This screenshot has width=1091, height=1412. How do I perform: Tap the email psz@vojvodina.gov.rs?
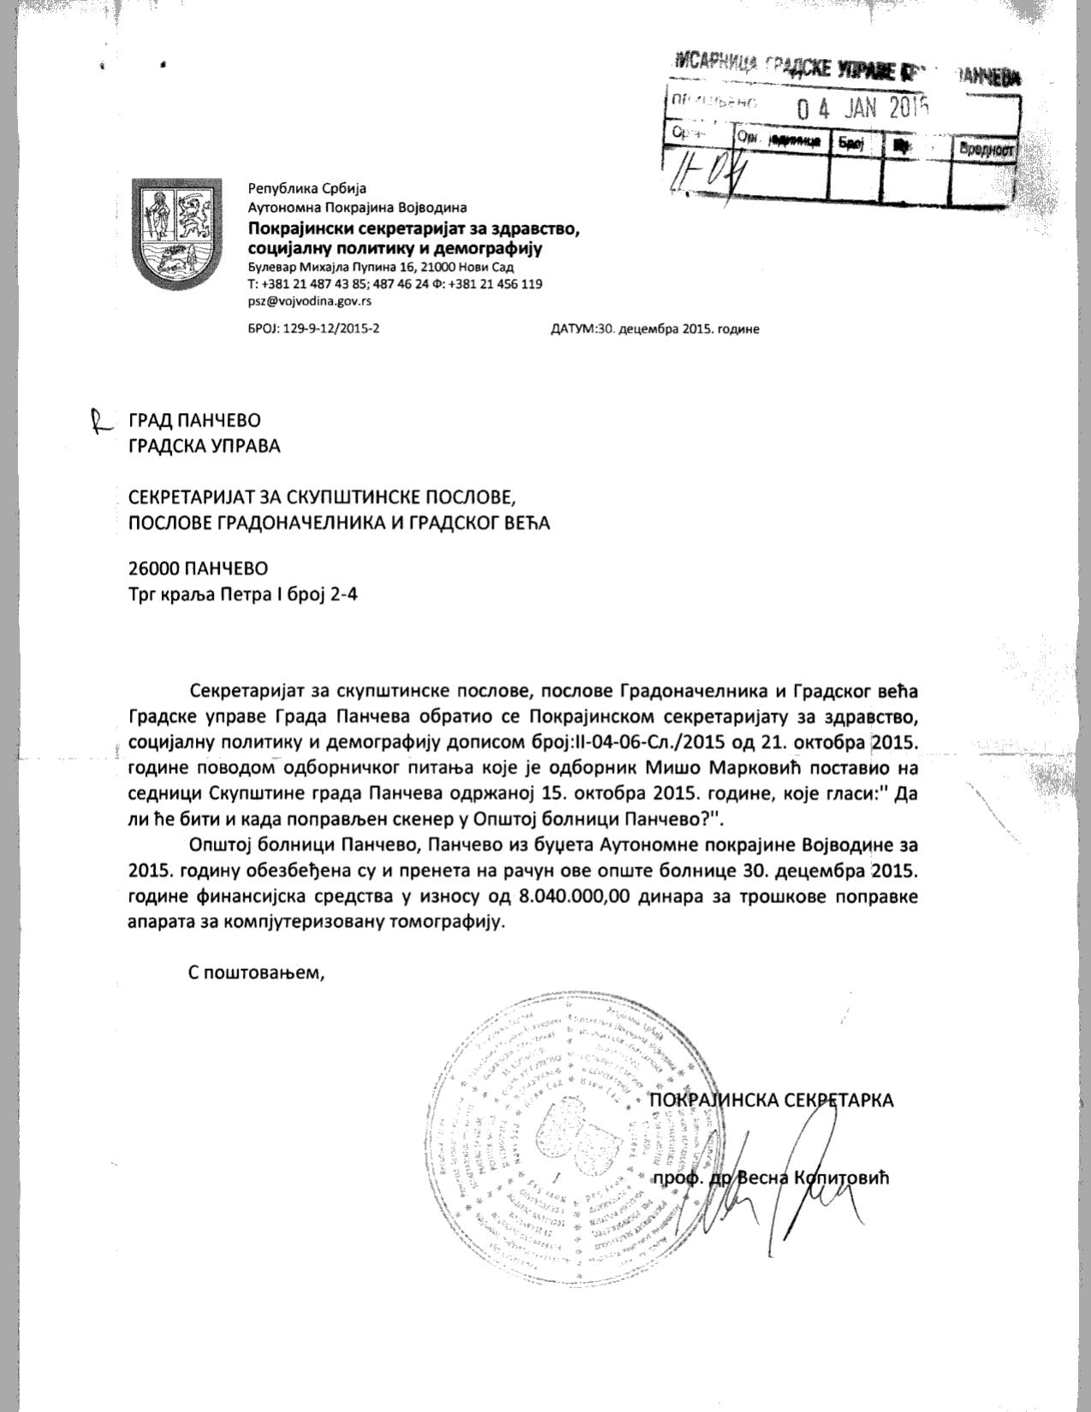[x=309, y=301]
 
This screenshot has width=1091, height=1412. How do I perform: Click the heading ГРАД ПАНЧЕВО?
[x=194, y=420]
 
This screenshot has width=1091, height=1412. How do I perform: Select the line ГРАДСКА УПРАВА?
[x=204, y=446]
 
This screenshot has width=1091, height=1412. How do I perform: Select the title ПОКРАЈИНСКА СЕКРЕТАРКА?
[x=772, y=1100]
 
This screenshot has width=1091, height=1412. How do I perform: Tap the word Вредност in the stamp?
[x=986, y=148]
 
